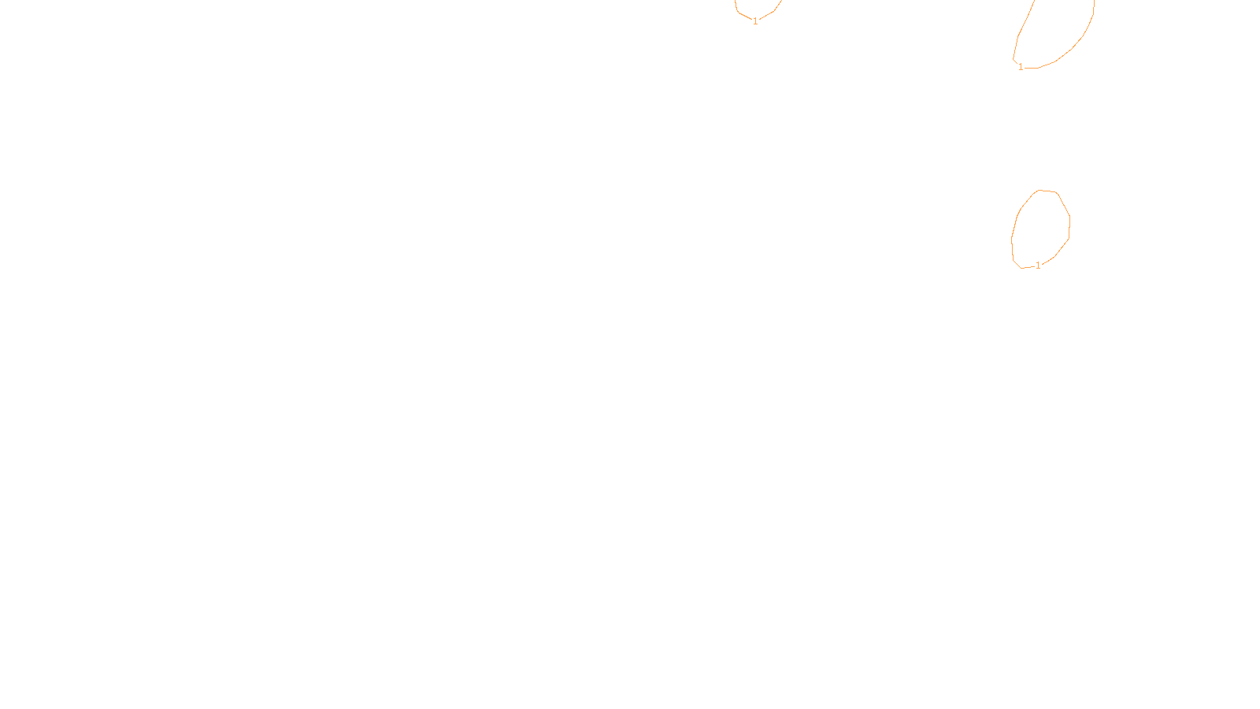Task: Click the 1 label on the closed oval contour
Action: (x=1038, y=265)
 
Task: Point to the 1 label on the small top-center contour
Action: (x=755, y=21)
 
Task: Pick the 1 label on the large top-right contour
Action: (x=1021, y=67)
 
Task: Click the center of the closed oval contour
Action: (x=1040, y=229)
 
